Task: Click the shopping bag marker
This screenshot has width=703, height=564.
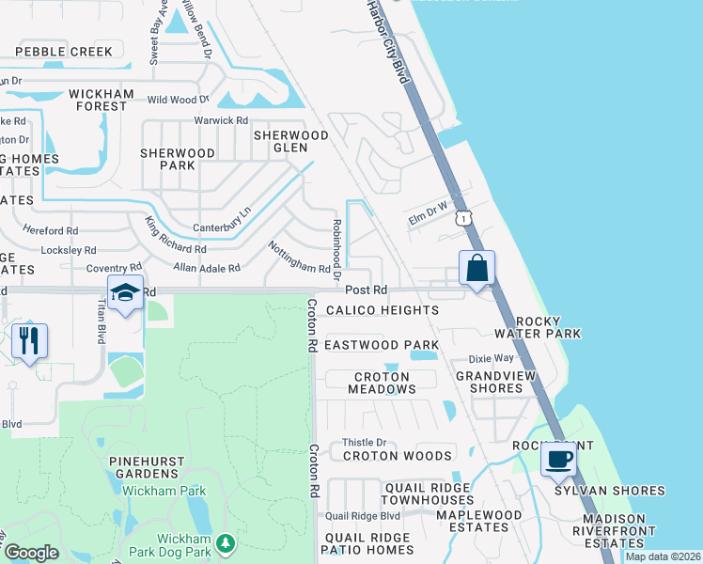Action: click(x=477, y=268)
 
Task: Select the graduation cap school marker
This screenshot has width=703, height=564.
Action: click(x=124, y=293)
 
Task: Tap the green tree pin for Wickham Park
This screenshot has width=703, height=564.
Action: click(x=225, y=542)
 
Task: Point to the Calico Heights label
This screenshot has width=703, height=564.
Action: click(x=382, y=310)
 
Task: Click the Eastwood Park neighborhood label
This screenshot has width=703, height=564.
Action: click(x=382, y=345)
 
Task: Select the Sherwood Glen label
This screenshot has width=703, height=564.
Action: click(x=291, y=141)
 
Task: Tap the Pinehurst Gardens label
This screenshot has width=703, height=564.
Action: click(x=151, y=467)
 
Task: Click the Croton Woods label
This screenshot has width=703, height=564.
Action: click(x=398, y=456)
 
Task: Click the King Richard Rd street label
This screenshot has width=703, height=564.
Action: click(x=175, y=236)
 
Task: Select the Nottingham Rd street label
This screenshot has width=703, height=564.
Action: click(x=299, y=257)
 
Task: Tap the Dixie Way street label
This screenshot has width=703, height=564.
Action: click(x=492, y=358)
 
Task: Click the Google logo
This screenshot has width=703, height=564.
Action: click(x=31, y=553)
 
